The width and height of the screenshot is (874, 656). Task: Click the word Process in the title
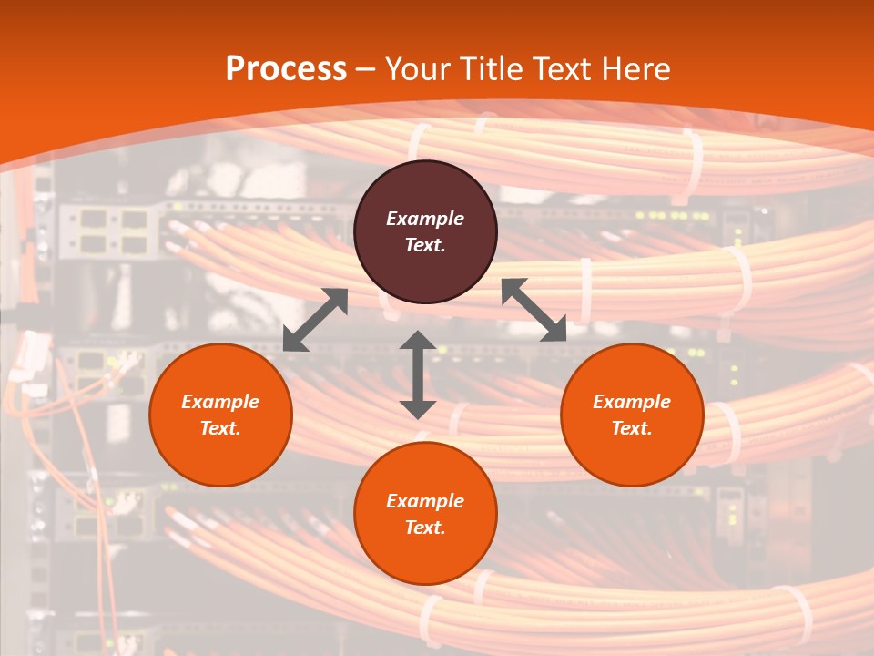pos(286,69)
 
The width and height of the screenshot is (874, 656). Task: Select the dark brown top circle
pos(425,232)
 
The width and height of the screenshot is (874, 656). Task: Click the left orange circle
pos(220,415)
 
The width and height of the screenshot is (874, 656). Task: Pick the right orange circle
pos(632,415)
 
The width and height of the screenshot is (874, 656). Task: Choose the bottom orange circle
pos(425,514)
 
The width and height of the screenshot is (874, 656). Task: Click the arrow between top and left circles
pos(315,320)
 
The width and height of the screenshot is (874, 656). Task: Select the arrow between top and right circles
pos(534,311)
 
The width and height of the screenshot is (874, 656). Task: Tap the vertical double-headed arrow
pos(418,374)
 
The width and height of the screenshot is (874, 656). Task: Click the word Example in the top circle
pos(425,219)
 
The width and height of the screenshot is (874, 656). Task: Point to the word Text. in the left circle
pos(220,428)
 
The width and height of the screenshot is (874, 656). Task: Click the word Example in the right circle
pos(632,402)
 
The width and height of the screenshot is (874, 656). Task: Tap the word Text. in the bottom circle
pos(425,528)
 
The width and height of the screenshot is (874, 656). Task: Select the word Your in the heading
pos(418,69)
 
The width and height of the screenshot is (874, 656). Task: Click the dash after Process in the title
pos(365,69)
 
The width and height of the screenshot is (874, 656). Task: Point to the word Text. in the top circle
pos(425,245)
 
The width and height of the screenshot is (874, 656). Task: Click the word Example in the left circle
pos(220,402)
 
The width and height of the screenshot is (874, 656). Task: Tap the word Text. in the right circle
pos(632,428)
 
